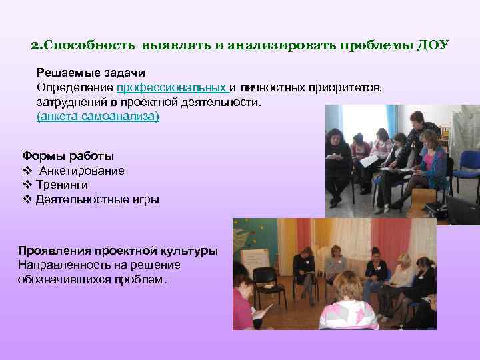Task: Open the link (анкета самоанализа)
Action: pyautogui.click(x=97, y=117)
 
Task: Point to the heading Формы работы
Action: pyautogui.click(x=67, y=156)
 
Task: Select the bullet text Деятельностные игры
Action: pyautogui.click(x=97, y=199)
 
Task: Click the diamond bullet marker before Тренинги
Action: pyautogui.click(x=27, y=185)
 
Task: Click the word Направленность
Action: pyautogui.click(x=61, y=265)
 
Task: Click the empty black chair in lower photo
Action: pyautogui.click(x=265, y=280)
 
